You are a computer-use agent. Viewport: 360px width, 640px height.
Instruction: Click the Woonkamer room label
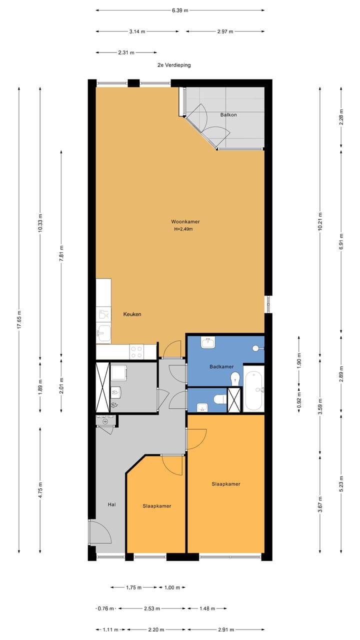181,221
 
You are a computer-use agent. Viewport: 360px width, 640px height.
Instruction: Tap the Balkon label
228,115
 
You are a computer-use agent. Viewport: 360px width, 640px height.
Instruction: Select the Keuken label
132,314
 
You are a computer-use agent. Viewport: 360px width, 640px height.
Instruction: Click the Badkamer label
221,367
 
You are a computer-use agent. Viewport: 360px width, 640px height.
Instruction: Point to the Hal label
112,504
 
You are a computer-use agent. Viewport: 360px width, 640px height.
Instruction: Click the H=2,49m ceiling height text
183,229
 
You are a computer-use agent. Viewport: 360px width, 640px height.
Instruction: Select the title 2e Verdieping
173,65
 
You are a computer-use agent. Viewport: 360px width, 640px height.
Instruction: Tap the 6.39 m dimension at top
180,10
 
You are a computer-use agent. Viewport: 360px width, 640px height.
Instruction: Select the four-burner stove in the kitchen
137,352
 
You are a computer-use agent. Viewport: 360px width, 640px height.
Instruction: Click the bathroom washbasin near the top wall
208,343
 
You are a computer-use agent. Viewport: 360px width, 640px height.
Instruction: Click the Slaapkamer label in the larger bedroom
225,484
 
